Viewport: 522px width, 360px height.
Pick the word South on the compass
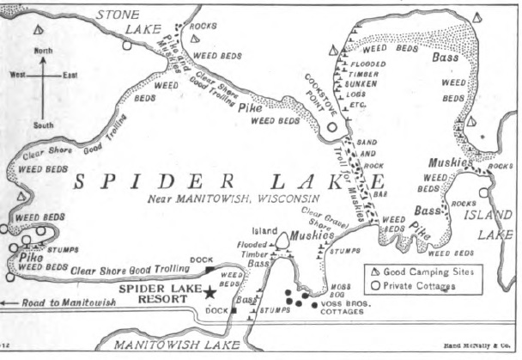click(43, 125)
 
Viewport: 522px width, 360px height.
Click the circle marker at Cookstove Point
click(332, 128)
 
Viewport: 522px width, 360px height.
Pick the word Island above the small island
click(264, 231)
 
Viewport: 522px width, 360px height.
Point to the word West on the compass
click(18, 76)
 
